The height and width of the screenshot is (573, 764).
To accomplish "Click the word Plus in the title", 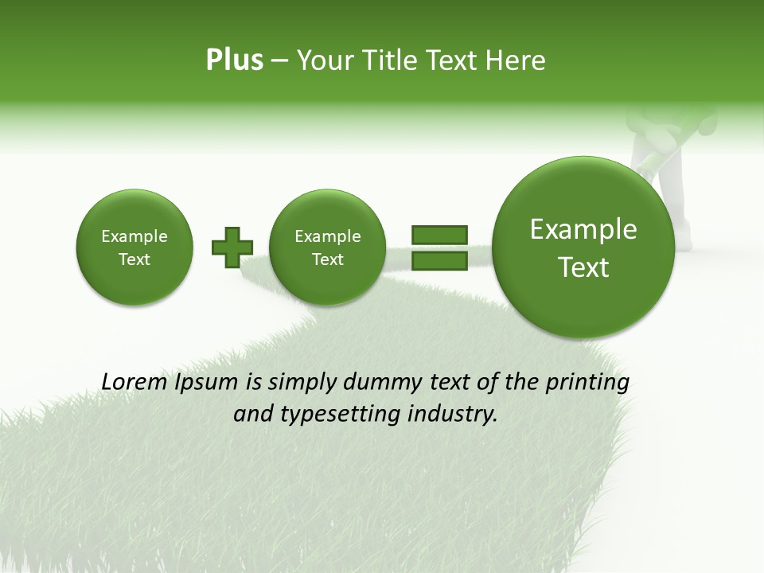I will pos(234,60).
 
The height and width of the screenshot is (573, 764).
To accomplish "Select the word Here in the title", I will pos(516,60).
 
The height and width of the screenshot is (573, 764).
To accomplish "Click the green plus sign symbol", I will pos(232,247).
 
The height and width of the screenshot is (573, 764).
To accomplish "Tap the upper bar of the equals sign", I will pos(439,235).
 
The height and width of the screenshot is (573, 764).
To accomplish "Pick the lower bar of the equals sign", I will pos(439,260).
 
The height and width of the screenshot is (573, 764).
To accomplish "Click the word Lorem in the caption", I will pos(134,382).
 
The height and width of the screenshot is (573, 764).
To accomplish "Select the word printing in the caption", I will pos(587,383).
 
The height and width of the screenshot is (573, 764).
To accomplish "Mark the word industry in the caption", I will pos(456,415).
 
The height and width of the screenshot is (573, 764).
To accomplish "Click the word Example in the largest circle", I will pos(583,229).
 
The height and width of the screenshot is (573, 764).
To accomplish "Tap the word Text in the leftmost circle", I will pos(134,259).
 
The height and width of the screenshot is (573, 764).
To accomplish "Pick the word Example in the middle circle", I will pos(327,236).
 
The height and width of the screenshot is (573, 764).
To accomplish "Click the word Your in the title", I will pos(324,60).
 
